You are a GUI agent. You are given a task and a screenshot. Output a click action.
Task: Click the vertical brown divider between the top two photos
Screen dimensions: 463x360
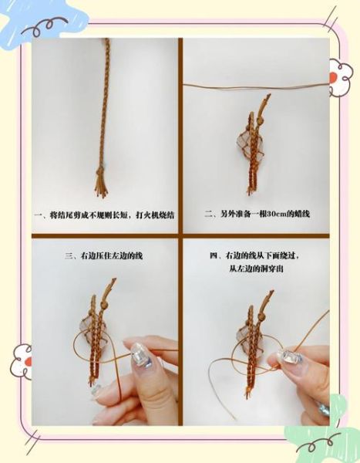tap(181, 131)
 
